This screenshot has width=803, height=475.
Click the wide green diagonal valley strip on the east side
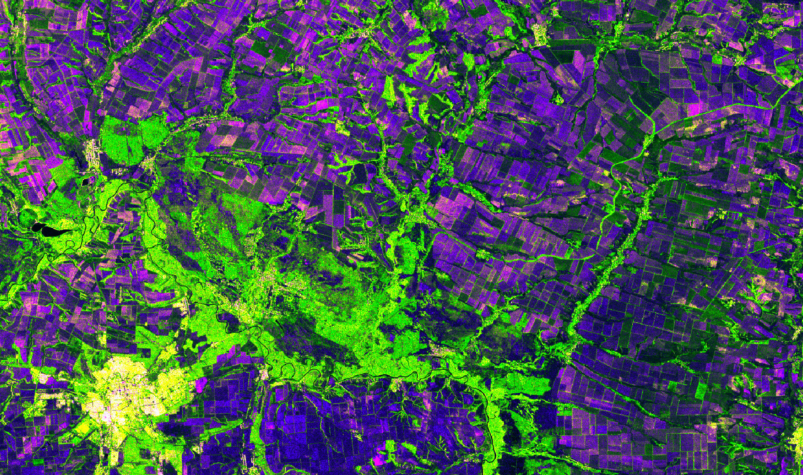[x=606, y=273]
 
